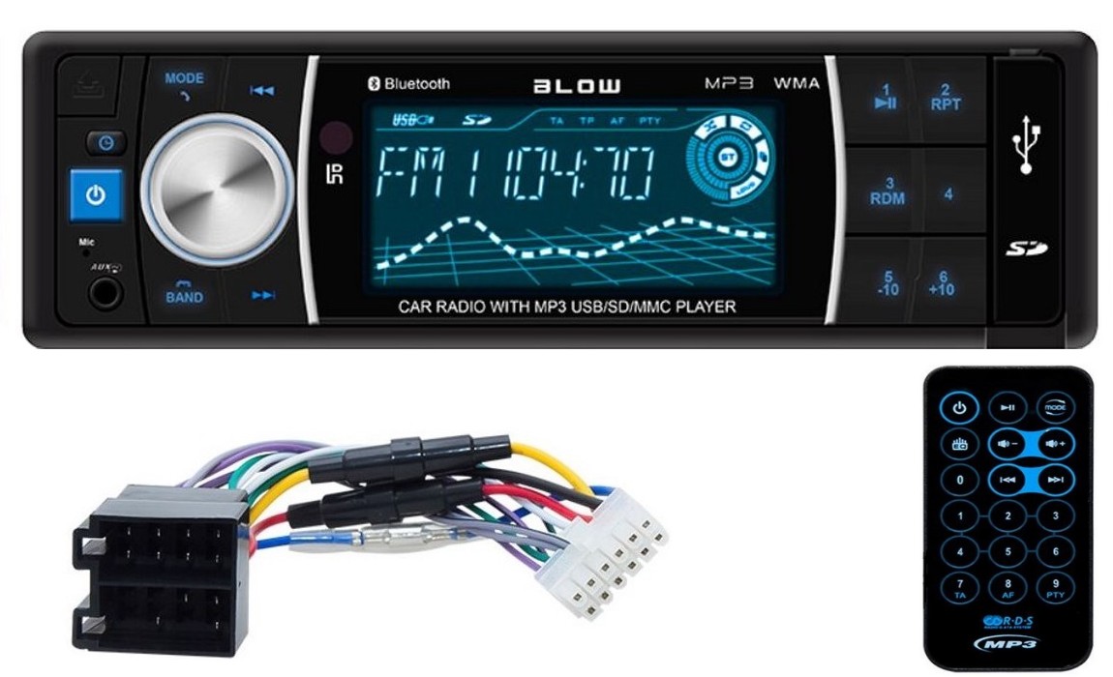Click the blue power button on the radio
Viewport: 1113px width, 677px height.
(95, 195)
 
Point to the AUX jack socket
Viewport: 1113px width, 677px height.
(105, 289)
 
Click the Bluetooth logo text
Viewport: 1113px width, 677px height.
(408, 84)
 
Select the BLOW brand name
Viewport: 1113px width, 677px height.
(578, 85)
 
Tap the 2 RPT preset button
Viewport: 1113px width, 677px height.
(946, 98)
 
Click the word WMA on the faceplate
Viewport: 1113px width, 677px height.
(797, 83)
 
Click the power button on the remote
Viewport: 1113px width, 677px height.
(959, 408)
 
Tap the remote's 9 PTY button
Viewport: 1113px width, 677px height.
(1055, 586)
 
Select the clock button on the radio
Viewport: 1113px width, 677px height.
(105, 143)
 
